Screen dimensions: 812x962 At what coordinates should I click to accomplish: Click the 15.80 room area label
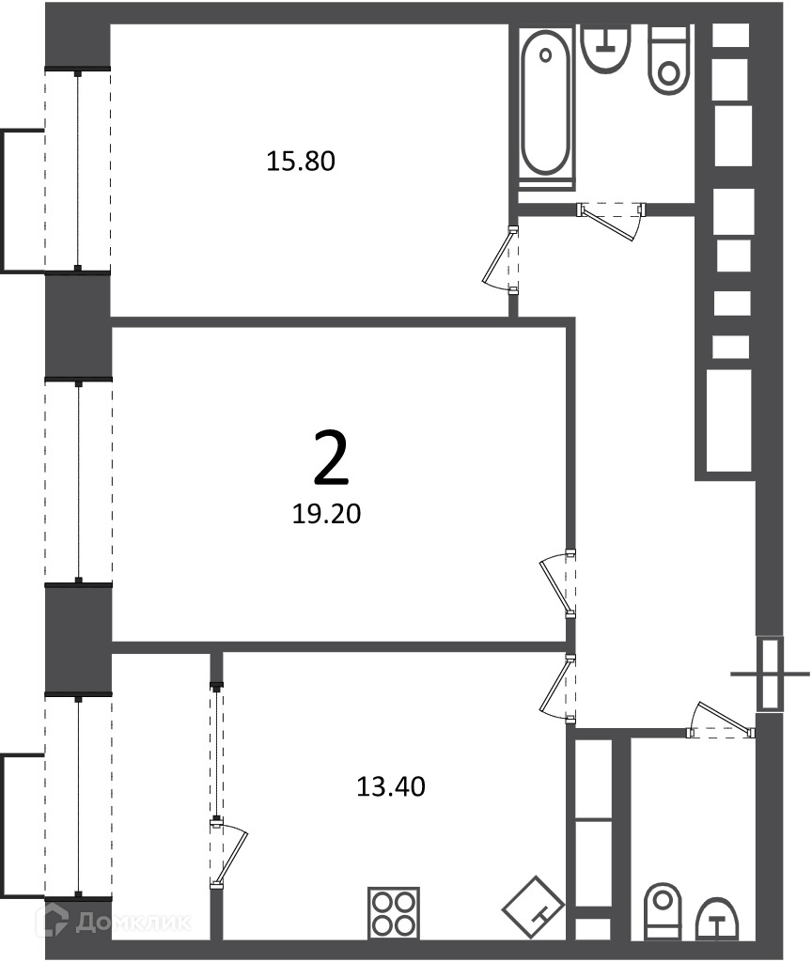(x=301, y=162)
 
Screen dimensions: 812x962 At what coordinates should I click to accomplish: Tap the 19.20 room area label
(x=326, y=514)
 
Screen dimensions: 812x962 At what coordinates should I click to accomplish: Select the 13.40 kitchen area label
(x=391, y=786)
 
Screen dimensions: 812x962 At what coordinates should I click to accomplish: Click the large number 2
(x=331, y=457)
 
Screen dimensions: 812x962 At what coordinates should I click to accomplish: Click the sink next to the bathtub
(x=606, y=48)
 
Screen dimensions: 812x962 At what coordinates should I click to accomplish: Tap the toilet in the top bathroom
(x=669, y=60)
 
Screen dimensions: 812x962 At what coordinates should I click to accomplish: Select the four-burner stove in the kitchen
(x=394, y=913)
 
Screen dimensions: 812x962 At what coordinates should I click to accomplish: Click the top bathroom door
(x=612, y=219)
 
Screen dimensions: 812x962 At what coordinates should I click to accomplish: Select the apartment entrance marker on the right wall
(x=770, y=674)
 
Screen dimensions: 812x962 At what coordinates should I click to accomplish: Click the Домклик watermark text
(x=133, y=923)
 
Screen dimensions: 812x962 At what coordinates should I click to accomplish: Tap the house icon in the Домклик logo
(x=53, y=921)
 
